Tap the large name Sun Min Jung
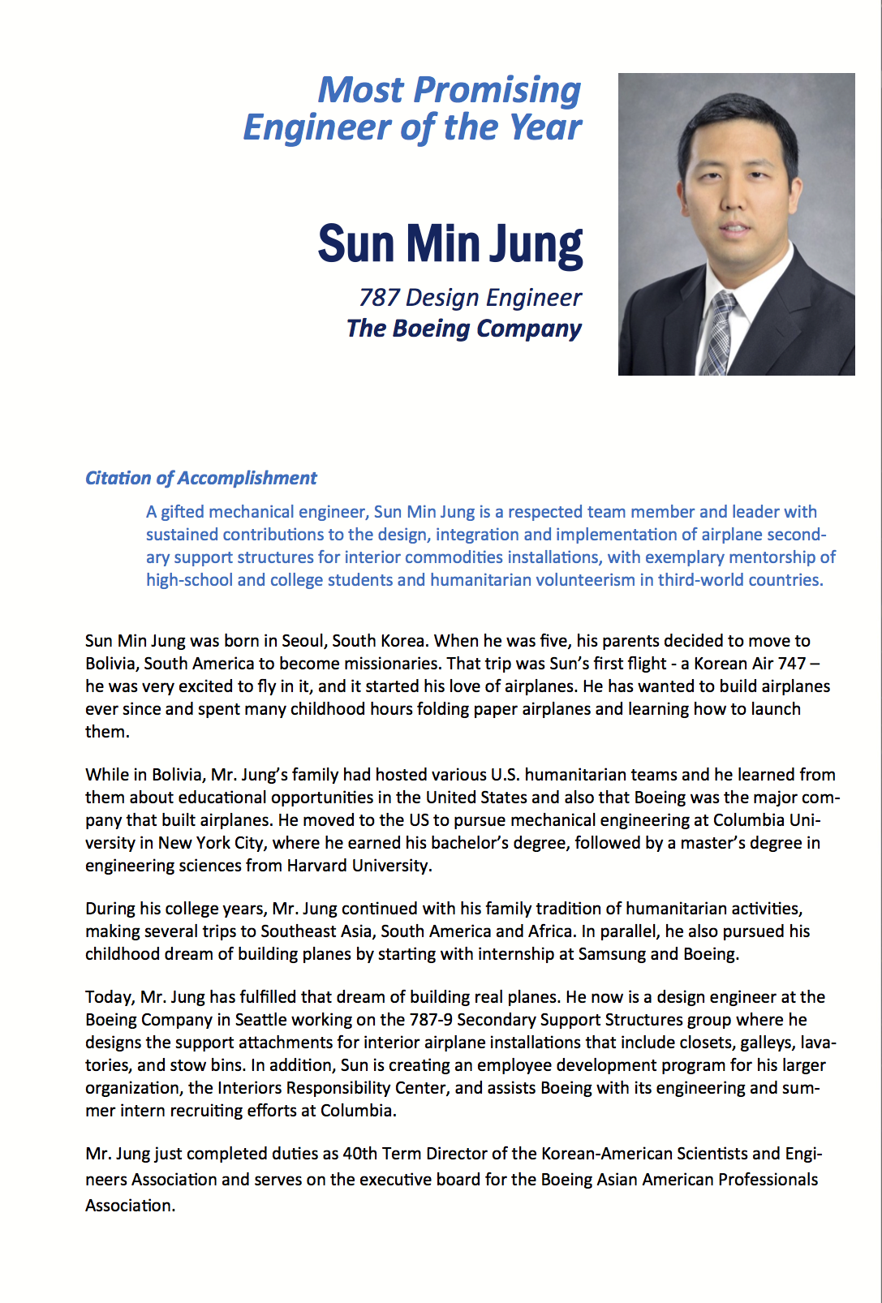click(450, 243)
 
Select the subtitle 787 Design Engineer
click(470, 298)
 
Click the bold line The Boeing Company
click(463, 329)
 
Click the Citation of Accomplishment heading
click(200, 478)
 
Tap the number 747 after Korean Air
click(791, 664)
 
